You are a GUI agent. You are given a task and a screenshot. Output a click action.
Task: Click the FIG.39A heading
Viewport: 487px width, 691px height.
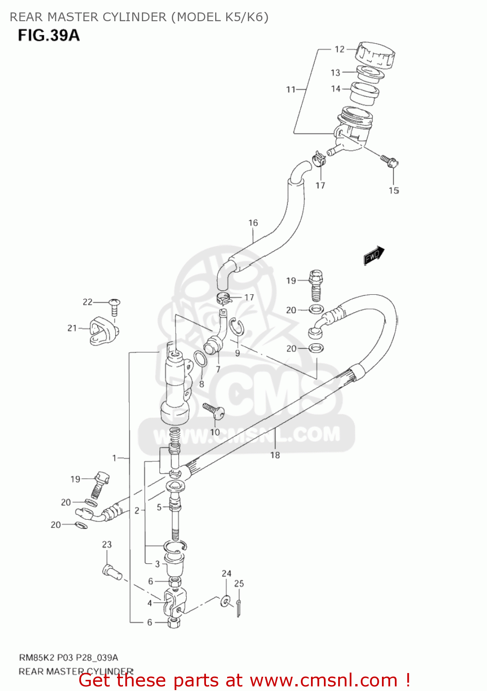click(48, 35)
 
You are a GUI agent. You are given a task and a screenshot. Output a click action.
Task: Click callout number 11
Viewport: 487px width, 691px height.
click(291, 89)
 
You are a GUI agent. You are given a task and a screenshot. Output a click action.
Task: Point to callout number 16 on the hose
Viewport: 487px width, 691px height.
click(253, 223)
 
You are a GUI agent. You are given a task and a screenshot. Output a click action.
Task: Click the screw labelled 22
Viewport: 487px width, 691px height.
click(114, 306)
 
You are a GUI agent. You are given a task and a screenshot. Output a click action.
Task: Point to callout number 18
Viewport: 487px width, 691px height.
click(275, 455)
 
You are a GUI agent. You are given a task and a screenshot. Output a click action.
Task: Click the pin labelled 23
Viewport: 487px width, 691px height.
click(111, 572)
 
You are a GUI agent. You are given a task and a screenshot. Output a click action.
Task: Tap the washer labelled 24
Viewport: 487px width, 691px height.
click(226, 601)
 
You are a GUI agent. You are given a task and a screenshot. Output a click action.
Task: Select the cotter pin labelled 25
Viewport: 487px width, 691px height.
click(239, 608)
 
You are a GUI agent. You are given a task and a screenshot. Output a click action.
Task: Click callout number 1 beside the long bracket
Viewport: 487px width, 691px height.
click(114, 458)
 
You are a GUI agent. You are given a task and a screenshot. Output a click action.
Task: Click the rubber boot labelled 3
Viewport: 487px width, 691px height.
click(175, 564)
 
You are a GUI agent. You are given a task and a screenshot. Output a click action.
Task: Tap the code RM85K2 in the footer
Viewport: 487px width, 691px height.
click(35, 657)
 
